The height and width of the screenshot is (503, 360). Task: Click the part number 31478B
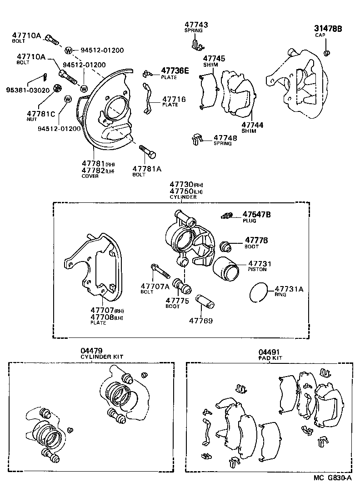[328, 29]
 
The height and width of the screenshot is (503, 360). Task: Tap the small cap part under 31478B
[326, 54]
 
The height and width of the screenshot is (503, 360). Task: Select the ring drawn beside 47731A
[260, 292]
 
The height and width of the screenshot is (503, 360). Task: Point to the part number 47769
[200, 320]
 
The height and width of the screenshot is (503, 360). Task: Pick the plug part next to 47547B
[227, 215]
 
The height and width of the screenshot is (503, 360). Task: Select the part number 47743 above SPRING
[195, 24]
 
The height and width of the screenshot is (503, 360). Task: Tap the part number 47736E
[175, 70]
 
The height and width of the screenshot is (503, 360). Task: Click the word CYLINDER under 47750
[184, 197]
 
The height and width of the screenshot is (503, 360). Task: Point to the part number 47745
[214, 59]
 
